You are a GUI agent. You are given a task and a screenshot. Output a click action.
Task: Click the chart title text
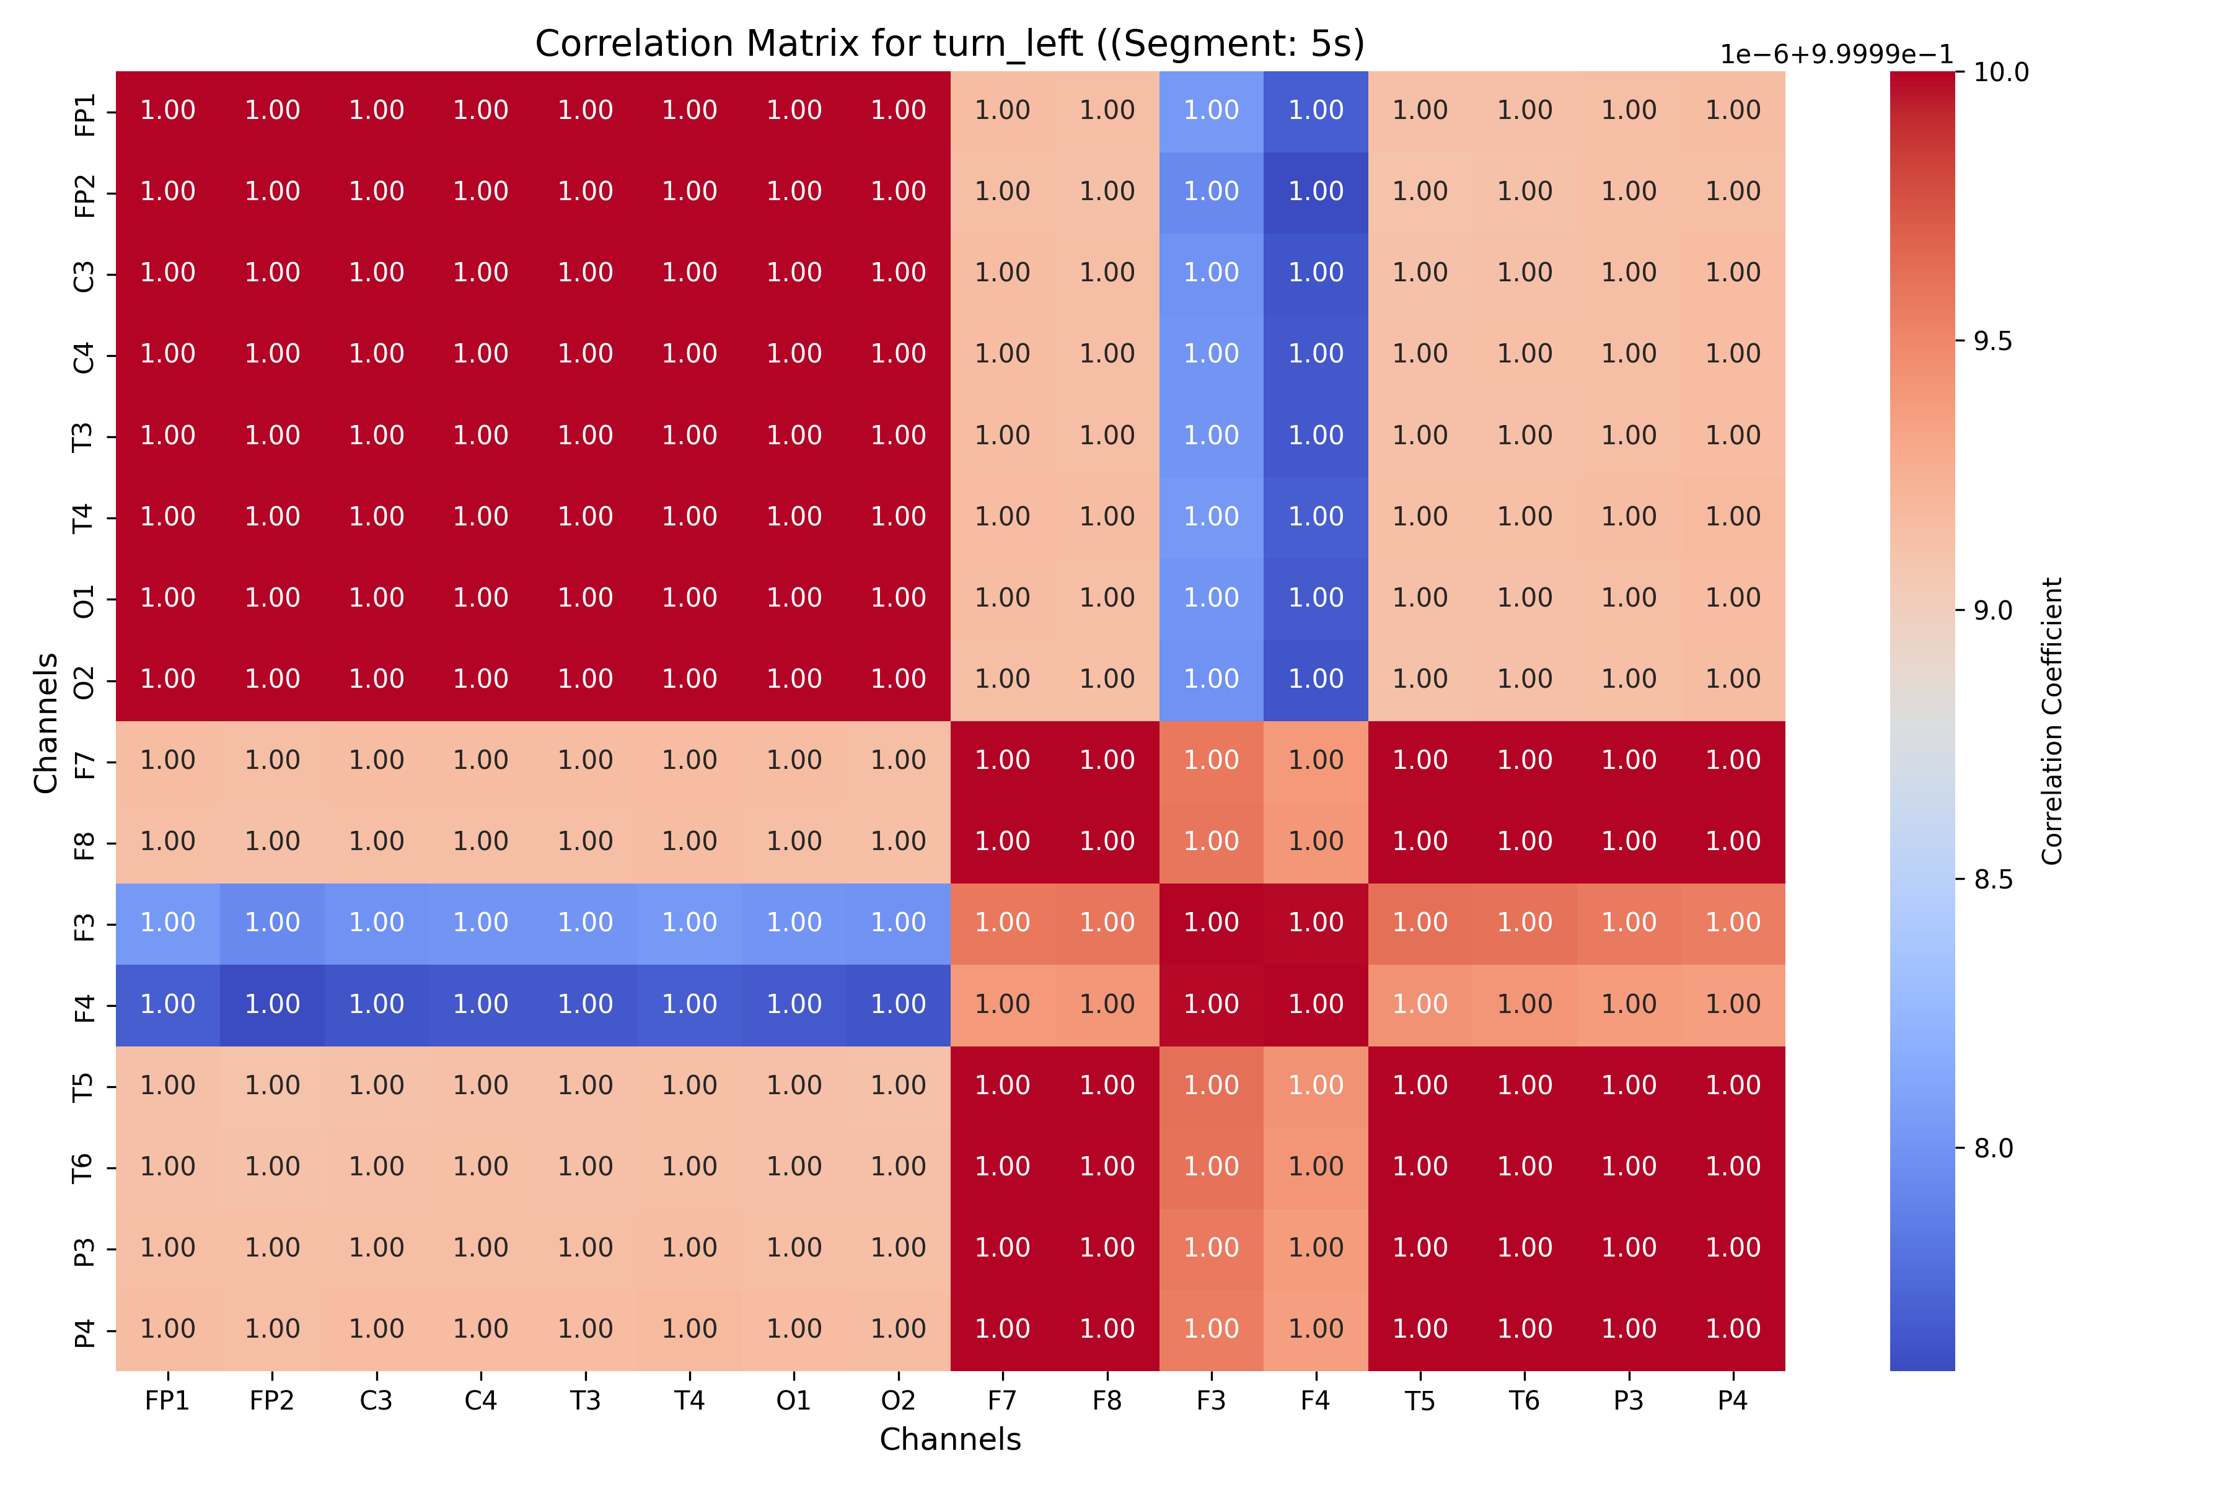pyautogui.click(x=949, y=43)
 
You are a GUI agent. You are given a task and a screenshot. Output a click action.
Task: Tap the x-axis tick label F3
pyautogui.click(x=1212, y=1401)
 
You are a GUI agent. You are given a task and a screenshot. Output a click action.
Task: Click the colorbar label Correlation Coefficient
pyautogui.click(x=2052, y=721)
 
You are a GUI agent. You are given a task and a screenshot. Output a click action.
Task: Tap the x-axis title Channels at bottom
pyautogui.click(x=949, y=1439)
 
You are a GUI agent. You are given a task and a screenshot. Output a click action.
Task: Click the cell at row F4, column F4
pyautogui.click(x=1316, y=1005)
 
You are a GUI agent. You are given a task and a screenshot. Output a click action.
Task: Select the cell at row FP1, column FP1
pyautogui.click(x=168, y=111)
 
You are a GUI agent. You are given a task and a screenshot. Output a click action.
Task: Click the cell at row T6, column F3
pyautogui.click(x=1212, y=1167)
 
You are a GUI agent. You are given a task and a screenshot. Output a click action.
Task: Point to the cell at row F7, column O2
pyautogui.click(x=898, y=761)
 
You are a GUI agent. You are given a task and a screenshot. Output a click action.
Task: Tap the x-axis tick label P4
pyautogui.click(x=1733, y=1401)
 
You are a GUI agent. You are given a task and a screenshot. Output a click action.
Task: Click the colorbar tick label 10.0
pyautogui.click(x=2000, y=72)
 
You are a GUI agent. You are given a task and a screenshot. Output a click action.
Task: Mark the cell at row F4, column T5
pyautogui.click(x=1420, y=1005)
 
